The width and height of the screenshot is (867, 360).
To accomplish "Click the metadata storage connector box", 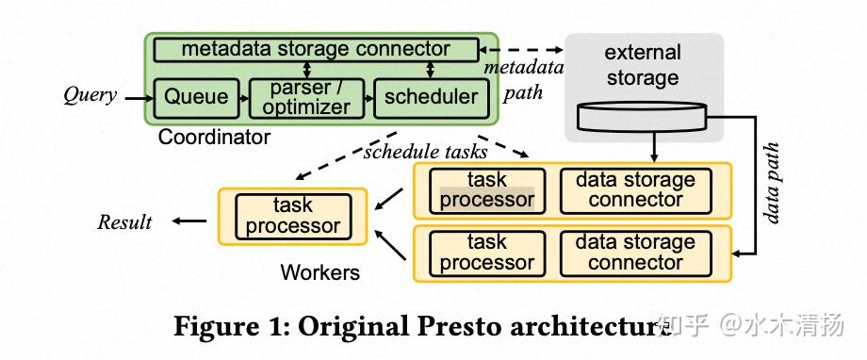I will point(316,48).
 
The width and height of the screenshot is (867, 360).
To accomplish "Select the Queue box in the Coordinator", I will point(196,96).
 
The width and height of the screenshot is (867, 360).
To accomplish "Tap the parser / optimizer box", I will point(304,97).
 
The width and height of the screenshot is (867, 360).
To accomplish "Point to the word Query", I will point(90,94).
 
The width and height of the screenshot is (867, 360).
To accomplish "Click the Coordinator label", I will point(214,138).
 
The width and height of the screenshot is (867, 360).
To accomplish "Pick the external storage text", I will point(643,65).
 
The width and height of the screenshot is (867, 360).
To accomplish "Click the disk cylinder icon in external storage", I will point(643,119).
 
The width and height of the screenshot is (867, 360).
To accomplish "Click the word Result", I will point(124,222).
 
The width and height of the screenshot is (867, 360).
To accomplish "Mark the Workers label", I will point(320,273).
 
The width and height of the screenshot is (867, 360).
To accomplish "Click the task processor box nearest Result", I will point(293,216).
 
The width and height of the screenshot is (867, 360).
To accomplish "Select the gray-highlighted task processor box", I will point(487,189).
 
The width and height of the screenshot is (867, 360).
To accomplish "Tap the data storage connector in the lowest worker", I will point(634,252).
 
